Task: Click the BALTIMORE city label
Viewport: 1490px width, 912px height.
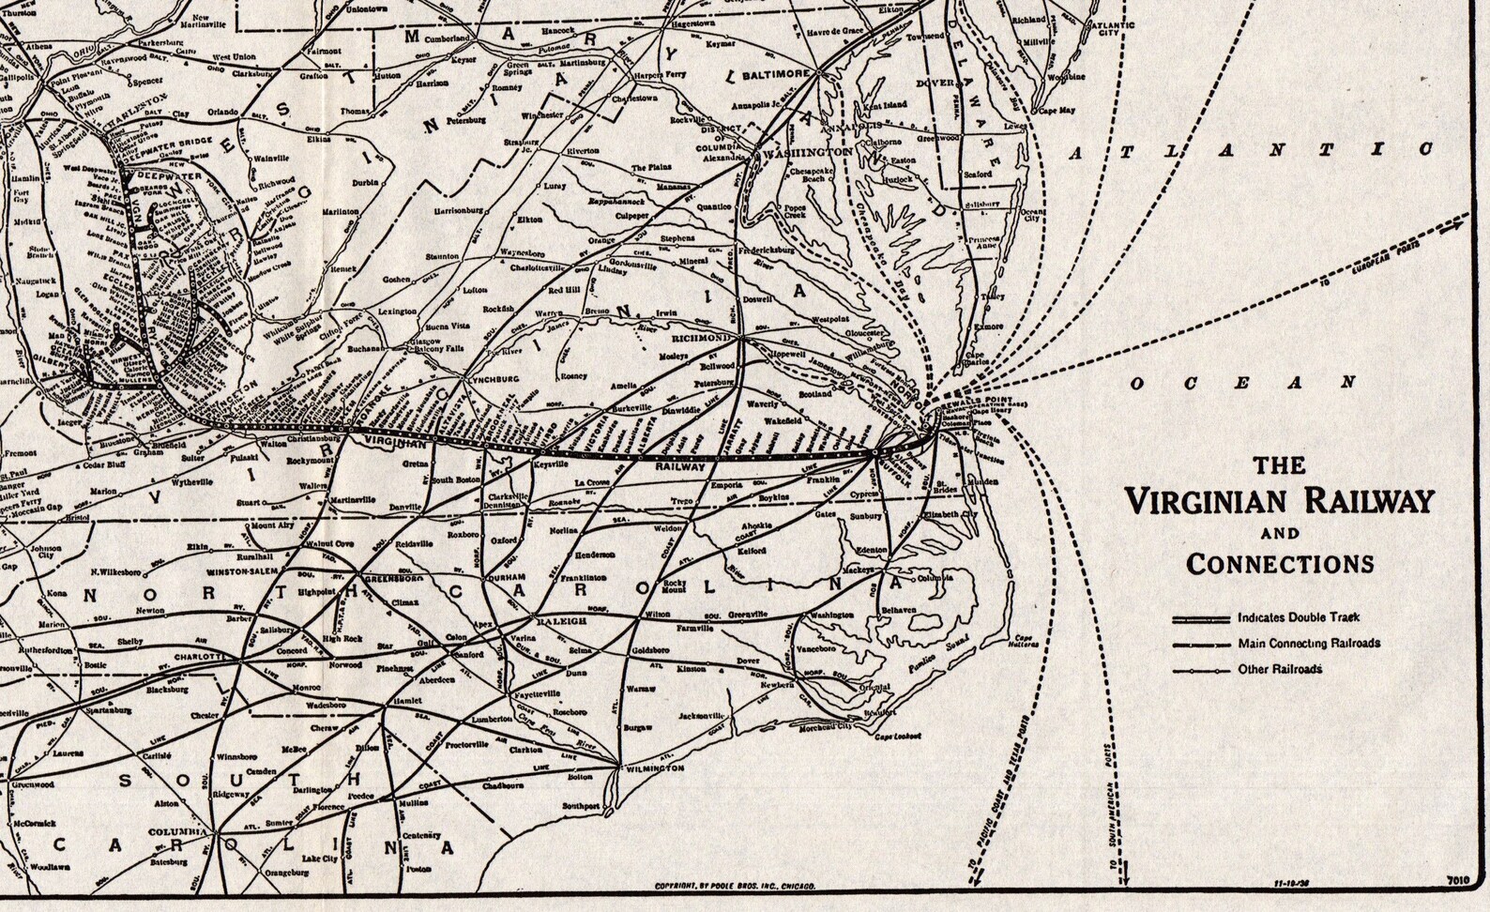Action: coord(775,73)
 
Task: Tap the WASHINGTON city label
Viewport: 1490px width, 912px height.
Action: coord(807,151)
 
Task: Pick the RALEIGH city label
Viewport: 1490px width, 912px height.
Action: coord(560,621)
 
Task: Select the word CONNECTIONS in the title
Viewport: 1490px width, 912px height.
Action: coord(1280,564)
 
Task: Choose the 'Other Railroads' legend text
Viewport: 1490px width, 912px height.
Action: coord(1280,669)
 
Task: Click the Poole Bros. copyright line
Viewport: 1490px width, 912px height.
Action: coord(735,886)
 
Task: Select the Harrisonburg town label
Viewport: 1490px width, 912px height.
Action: coord(457,211)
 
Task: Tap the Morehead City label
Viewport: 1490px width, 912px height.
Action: coord(825,725)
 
